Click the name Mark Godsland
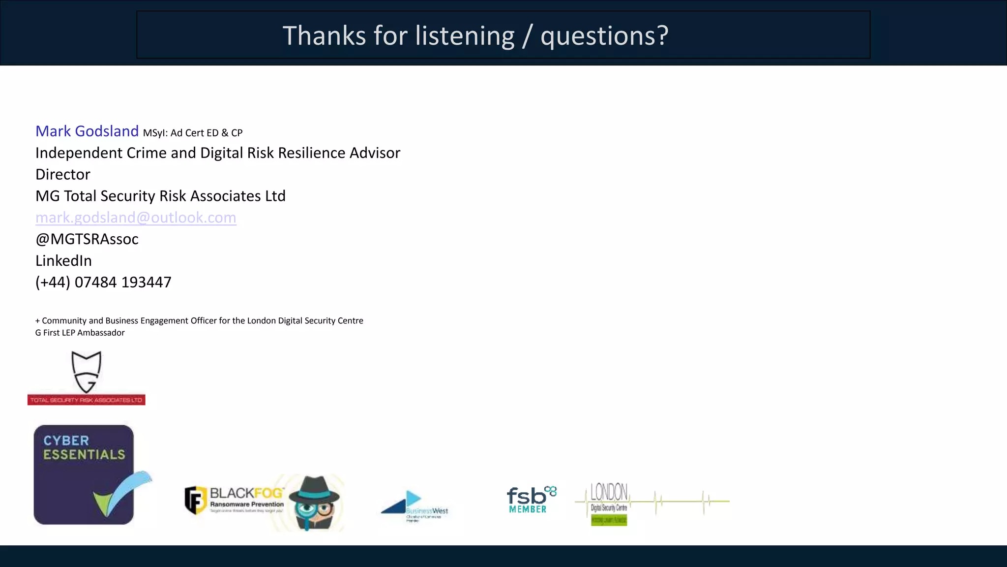point(87,131)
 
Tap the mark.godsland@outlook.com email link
point(136,218)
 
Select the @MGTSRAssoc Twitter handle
point(87,239)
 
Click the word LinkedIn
point(63,261)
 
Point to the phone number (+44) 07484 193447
point(103,283)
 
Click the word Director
point(63,175)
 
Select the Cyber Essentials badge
point(84,474)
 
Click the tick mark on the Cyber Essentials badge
point(123,495)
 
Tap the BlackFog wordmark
point(246,493)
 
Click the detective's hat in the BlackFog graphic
point(314,487)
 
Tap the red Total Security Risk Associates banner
point(87,400)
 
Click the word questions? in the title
point(604,36)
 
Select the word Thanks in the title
point(324,36)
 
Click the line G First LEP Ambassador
point(80,333)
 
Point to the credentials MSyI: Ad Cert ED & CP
point(193,133)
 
